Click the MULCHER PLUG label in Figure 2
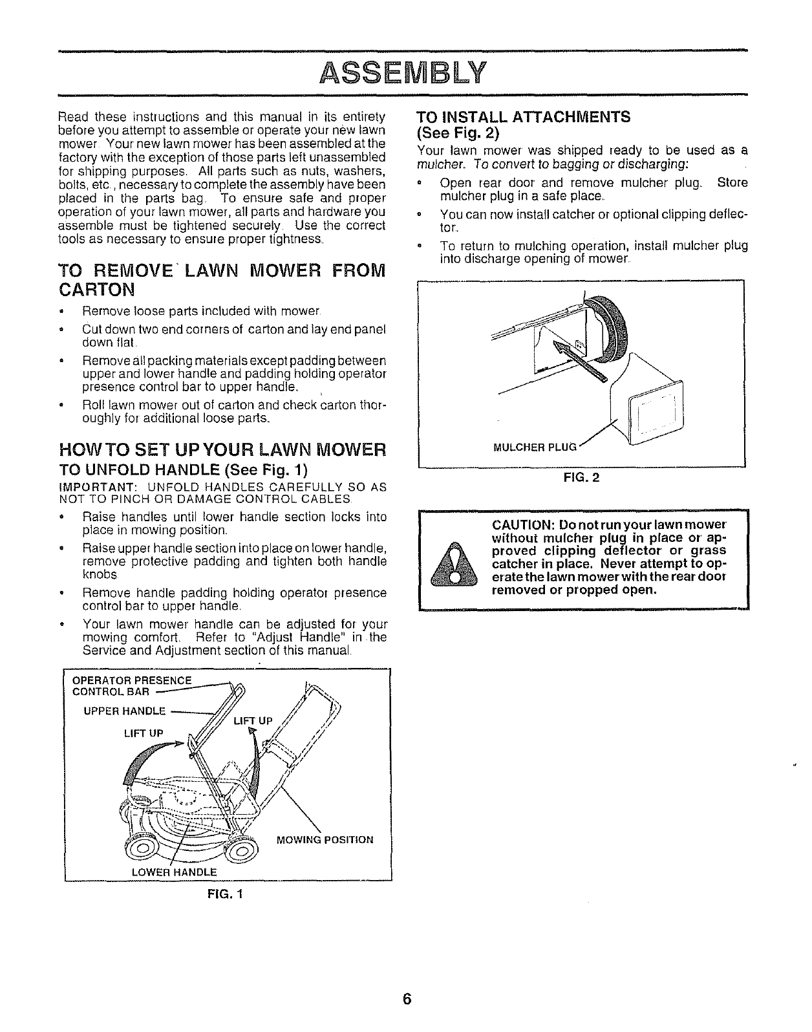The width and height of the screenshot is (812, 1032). point(534,447)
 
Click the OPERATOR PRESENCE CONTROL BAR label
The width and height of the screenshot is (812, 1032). point(132,685)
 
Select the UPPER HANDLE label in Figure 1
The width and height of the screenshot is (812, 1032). point(125,712)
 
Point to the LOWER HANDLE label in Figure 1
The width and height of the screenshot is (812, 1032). point(174,872)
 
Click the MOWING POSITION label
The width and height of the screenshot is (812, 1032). point(325,840)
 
